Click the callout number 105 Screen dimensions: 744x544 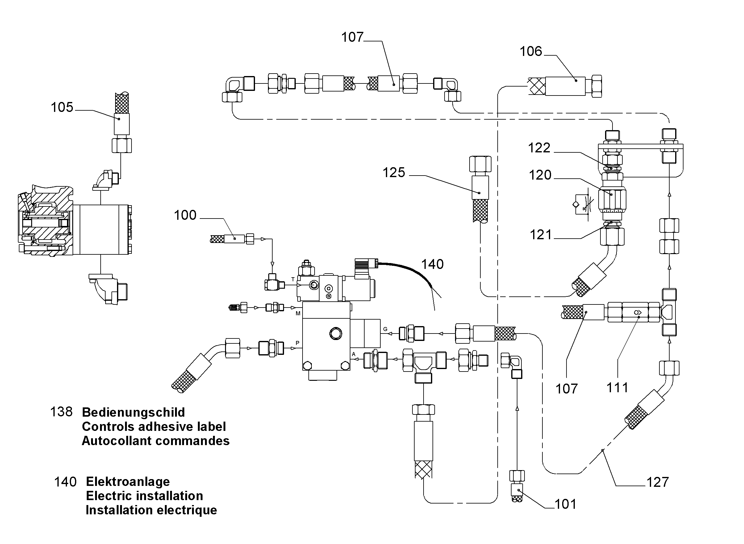pos(62,107)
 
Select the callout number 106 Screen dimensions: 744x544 pos(531,51)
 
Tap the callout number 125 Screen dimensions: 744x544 pos(394,172)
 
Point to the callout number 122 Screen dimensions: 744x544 pos(539,148)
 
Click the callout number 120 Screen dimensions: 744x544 pos(540,175)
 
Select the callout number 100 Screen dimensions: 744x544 pos(185,215)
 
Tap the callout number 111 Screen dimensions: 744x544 pos(617,388)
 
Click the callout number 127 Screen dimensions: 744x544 pos(658,482)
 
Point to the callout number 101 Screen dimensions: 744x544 pos(565,504)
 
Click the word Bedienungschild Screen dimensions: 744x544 pos(133,412)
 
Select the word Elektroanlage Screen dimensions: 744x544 pos(128,482)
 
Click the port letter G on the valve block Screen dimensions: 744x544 pos(386,329)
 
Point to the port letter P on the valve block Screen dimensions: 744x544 pos(297,343)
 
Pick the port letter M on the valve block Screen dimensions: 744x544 pos(298,313)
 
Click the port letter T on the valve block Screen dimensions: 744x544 pos(293,279)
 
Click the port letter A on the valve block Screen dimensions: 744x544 pos(353,354)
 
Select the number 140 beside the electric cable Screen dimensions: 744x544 pos(433,264)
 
